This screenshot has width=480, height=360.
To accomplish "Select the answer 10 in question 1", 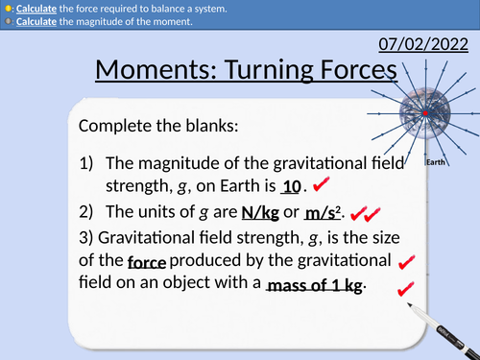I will coord(293,187).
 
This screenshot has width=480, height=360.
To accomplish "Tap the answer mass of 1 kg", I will coord(315,285).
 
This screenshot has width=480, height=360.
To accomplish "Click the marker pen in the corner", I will coord(443,326).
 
